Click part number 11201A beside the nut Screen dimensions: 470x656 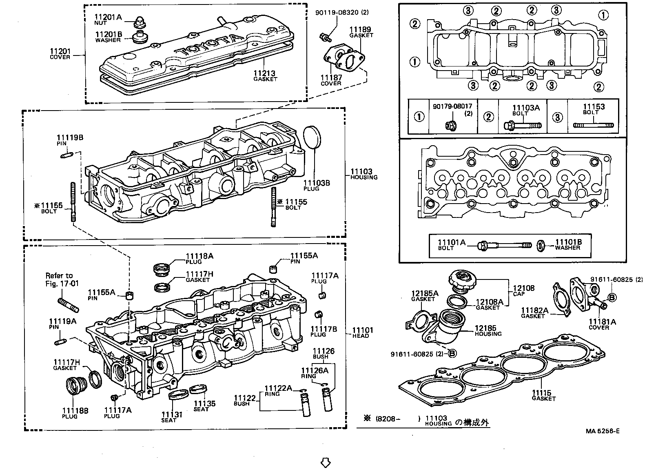coord(108,17)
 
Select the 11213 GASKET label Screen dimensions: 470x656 coord(265,76)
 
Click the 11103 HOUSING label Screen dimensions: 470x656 coord(363,174)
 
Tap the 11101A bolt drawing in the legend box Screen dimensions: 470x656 coord(505,246)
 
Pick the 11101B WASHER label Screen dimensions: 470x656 coord(568,244)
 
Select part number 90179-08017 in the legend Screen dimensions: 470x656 coord(452,106)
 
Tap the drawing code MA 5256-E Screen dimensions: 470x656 coord(602,431)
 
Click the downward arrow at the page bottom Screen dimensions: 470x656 coord(325,462)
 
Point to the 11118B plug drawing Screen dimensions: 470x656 coord(75,386)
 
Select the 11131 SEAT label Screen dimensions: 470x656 coord(172,417)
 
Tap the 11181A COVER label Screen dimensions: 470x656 coord(602,324)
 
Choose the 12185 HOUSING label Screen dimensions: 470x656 coord(488,331)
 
